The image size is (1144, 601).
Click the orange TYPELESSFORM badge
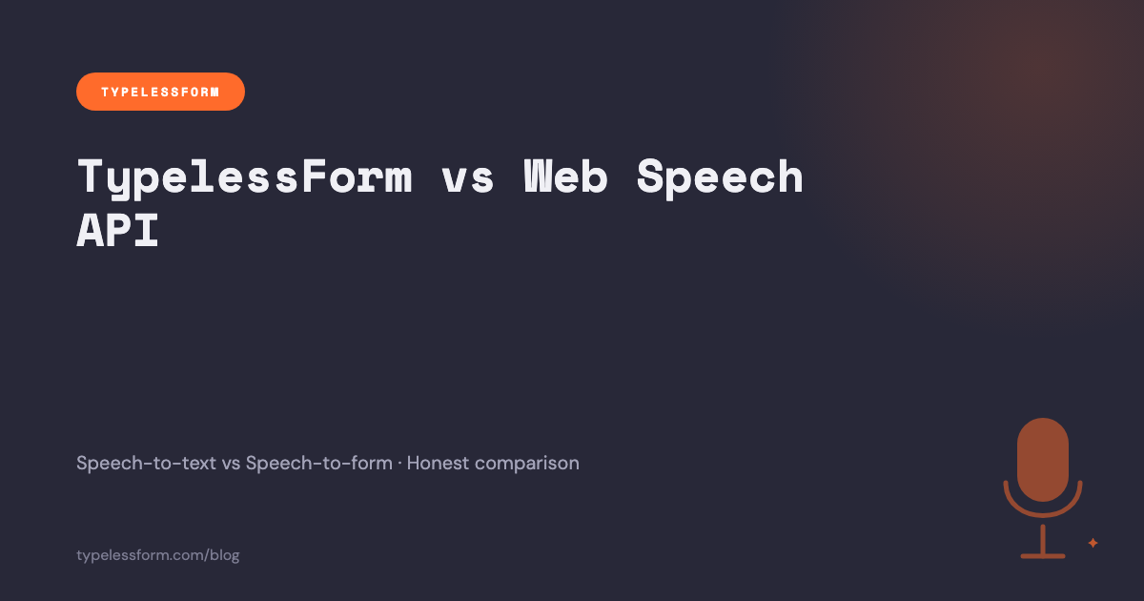point(160,92)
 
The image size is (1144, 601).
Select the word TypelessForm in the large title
point(244,177)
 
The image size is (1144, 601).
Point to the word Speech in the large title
point(720,177)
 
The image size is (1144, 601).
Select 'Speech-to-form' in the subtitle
point(318,464)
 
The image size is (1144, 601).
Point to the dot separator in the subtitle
point(399,464)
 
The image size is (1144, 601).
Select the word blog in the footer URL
point(224,555)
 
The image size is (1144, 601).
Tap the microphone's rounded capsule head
point(1043,459)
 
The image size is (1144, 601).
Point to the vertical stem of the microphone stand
point(1043,538)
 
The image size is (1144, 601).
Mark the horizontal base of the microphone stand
point(1043,554)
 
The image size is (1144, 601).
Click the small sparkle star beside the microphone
point(1093,543)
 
